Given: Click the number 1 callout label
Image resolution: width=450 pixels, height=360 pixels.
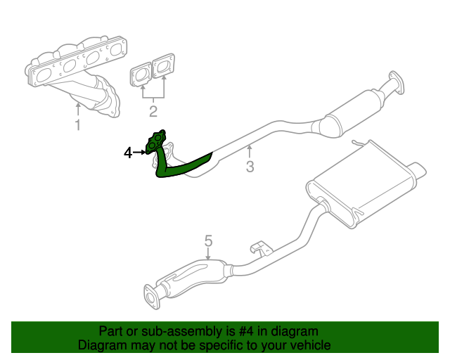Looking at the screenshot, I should click(77, 125).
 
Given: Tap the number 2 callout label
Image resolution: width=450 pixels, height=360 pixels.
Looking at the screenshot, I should click(153, 110).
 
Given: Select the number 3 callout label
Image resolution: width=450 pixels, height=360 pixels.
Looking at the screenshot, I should click(249, 167).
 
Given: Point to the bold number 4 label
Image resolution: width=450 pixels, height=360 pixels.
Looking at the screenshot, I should click(128, 152).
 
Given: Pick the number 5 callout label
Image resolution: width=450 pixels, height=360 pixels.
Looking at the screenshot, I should click(208, 242).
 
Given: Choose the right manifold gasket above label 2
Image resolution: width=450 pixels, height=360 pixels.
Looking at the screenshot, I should click(164, 67).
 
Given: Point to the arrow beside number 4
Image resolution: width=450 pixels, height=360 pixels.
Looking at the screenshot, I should click(139, 152).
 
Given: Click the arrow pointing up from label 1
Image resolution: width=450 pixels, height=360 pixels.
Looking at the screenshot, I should click(78, 109).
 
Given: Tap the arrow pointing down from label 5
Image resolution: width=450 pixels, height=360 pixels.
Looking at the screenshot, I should click(208, 255).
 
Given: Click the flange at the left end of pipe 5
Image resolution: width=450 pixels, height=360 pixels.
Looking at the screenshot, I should click(150, 296).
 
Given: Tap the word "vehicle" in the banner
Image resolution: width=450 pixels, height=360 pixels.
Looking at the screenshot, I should click(309, 345).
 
